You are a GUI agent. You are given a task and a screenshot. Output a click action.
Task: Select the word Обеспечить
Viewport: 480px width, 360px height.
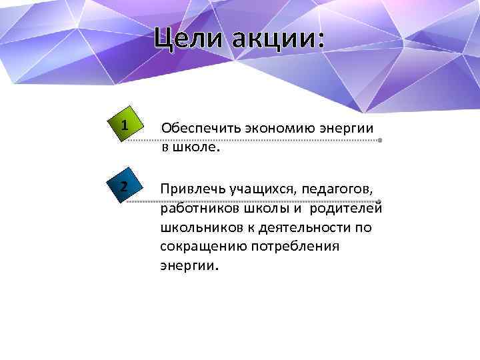(196, 127)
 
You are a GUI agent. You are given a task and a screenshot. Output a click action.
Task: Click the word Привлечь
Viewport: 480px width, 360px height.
(193, 189)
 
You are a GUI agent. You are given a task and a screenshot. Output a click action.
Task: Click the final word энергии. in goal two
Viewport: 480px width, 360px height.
(189, 266)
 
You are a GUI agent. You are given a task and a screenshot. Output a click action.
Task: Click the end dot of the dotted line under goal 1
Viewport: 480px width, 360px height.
(379, 141)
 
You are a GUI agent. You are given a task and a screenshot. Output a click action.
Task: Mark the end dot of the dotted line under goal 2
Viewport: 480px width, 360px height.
(378, 201)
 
